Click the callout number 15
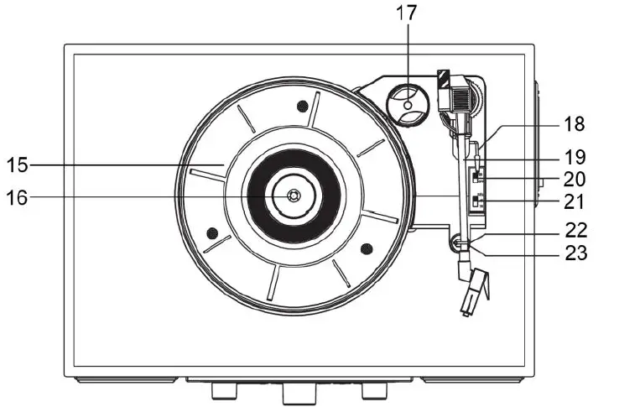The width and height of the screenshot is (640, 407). click(18, 164)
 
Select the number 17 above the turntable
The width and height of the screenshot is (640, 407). click(407, 13)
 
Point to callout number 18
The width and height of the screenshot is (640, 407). click(574, 124)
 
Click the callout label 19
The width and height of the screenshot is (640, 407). click(574, 156)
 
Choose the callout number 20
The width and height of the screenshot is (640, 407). click(574, 179)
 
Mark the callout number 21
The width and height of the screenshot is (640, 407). click(574, 201)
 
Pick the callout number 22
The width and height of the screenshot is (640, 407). click(574, 230)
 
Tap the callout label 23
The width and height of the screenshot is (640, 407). click(574, 252)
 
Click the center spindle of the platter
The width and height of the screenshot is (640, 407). click(292, 196)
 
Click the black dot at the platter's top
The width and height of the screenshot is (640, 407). click(302, 106)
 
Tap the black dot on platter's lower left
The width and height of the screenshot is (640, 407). click(212, 232)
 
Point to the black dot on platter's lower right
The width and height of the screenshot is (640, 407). click(365, 248)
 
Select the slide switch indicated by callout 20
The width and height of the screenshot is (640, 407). click(476, 178)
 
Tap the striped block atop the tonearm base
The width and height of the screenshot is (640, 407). click(443, 77)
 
